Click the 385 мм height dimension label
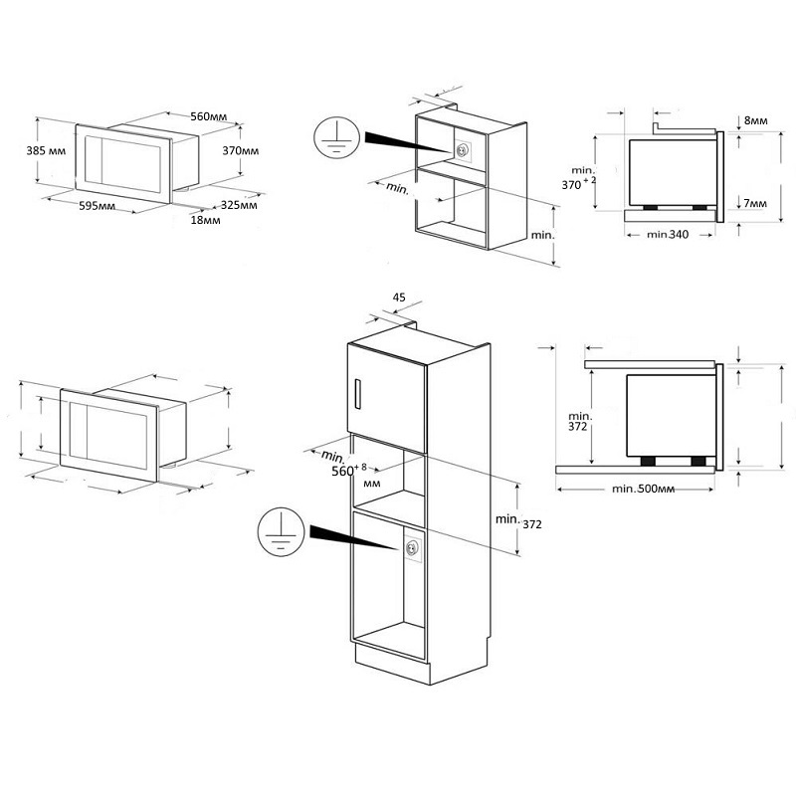point(46,151)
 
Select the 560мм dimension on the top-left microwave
point(209,116)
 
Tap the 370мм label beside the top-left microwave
point(241,151)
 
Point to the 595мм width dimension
point(97,206)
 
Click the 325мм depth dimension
point(239,205)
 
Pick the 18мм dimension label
point(206,220)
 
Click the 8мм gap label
point(756,120)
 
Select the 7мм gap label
point(755,203)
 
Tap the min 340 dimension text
point(668,234)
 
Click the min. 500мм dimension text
point(643,489)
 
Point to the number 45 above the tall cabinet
point(400,297)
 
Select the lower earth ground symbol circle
point(282,531)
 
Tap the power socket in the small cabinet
point(463,151)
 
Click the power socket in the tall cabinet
point(412,548)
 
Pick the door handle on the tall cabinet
point(357,393)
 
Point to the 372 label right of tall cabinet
point(532,524)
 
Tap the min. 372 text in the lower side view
point(580,421)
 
